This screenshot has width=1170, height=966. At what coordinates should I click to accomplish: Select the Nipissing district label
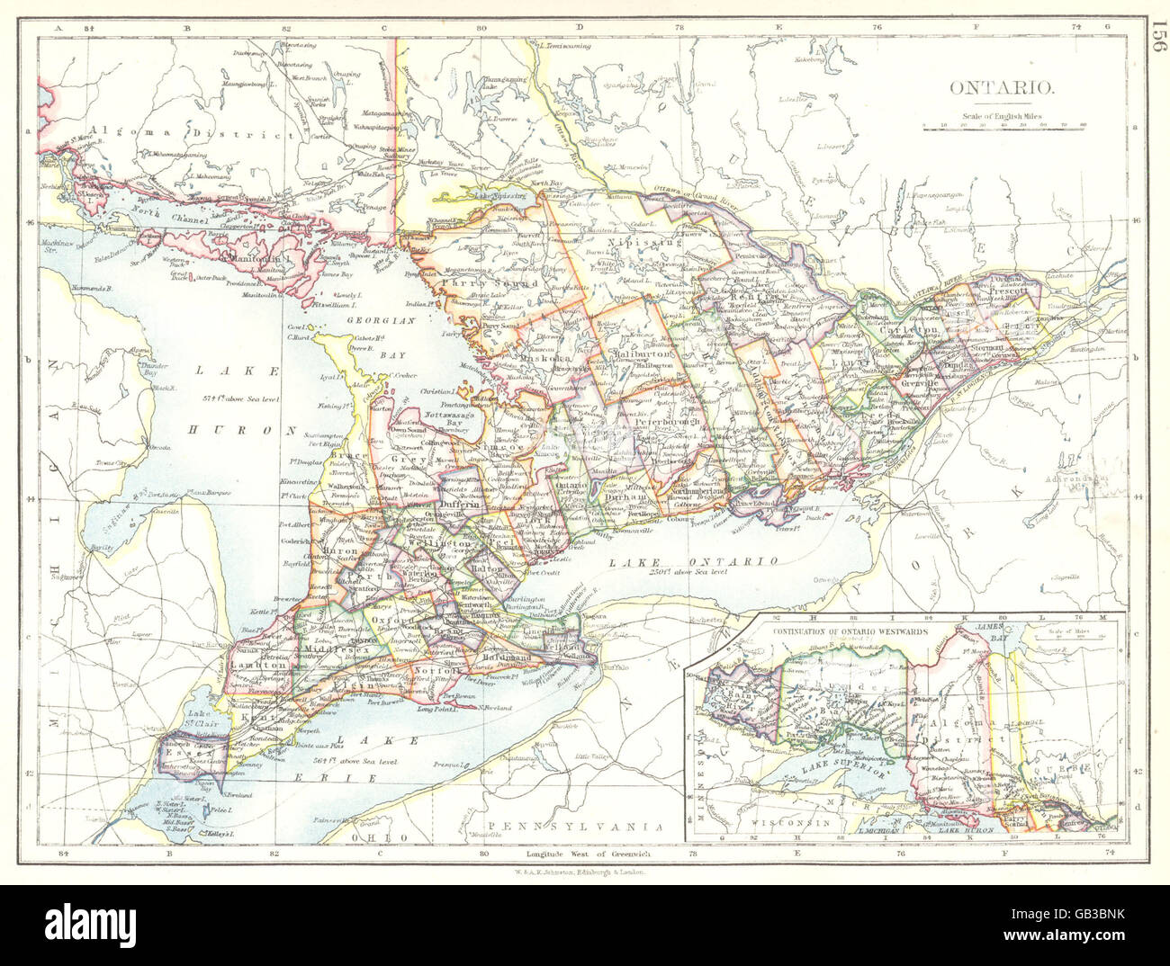(644, 242)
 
